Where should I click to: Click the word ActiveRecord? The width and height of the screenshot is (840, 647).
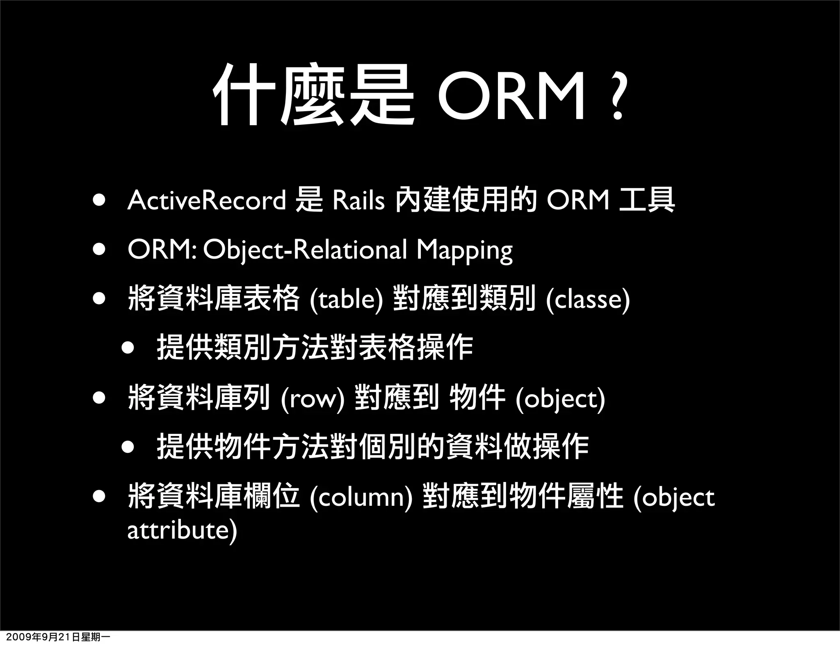coord(206,200)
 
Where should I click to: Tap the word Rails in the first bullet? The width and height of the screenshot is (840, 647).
coord(358,200)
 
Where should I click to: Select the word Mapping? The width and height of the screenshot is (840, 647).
coord(464,250)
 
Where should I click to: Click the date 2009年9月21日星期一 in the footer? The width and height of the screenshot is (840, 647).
coord(55,638)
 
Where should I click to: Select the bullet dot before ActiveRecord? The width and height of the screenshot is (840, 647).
coord(98,201)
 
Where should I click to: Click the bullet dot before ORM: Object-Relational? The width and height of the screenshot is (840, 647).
coord(98,250)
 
